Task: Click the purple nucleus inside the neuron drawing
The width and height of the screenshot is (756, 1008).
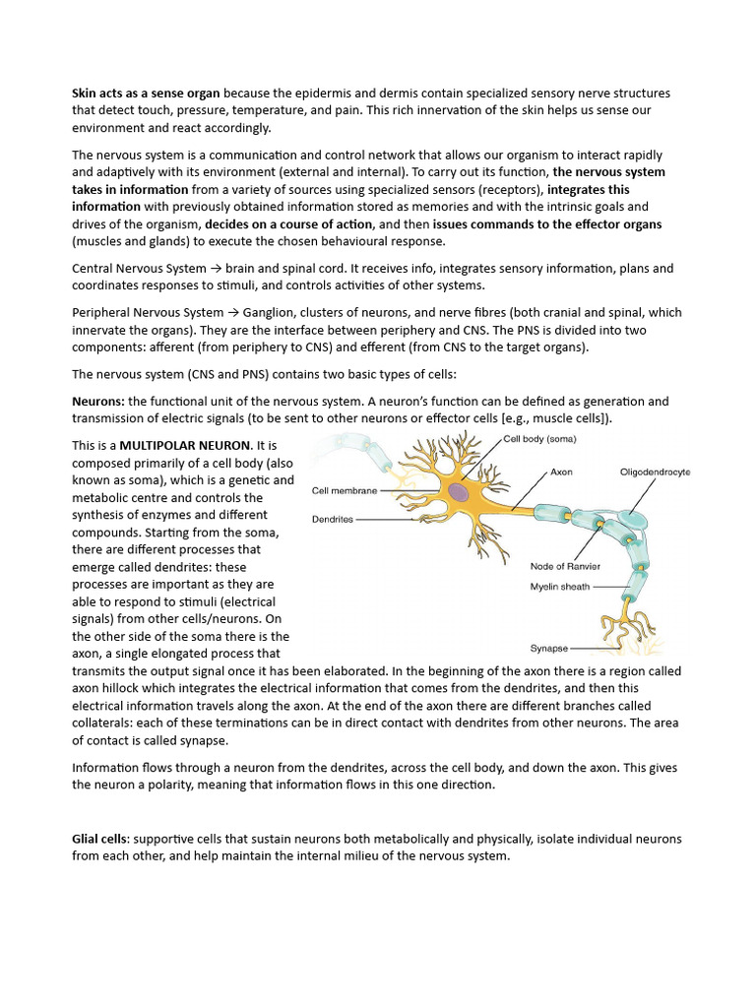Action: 459,490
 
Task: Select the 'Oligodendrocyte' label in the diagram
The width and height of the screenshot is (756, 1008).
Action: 655,472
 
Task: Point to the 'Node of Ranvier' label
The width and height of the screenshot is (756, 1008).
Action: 565,567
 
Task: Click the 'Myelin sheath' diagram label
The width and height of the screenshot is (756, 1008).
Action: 560,587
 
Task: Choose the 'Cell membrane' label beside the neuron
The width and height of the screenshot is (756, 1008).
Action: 344,489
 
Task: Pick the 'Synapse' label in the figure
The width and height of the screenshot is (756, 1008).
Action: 547,649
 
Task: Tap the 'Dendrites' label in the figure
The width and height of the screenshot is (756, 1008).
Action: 334,518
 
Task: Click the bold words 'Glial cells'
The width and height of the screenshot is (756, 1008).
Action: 99,839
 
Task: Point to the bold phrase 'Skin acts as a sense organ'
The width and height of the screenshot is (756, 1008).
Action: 146,94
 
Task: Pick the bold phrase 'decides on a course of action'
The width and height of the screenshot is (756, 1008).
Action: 289,224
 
